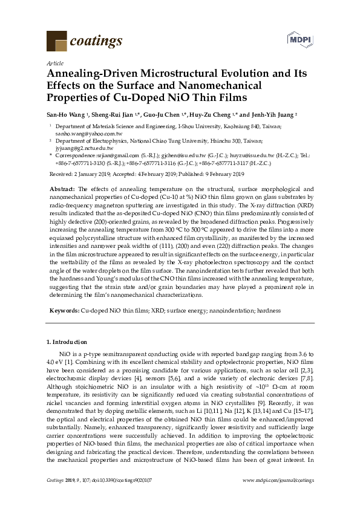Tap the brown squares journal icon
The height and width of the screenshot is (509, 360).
(56, 41)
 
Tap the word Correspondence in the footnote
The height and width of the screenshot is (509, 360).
(75, 155)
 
